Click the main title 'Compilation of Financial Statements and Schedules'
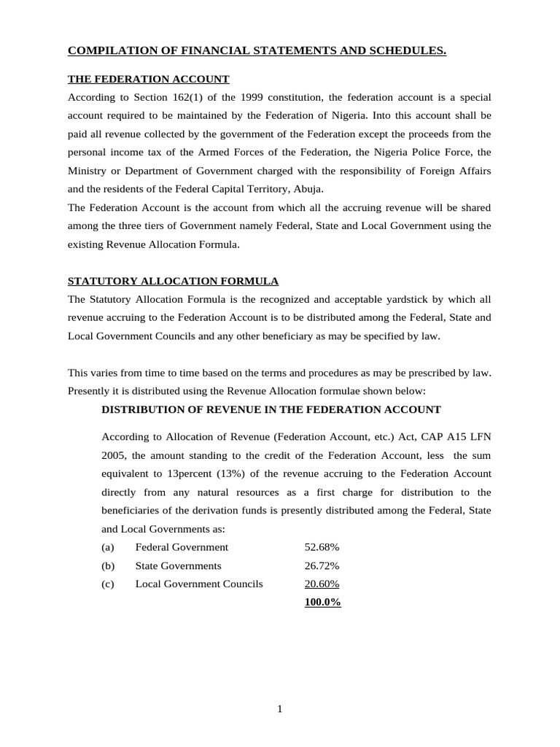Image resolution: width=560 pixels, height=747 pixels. [x=257, y=50]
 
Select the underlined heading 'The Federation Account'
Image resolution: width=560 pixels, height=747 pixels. [x=149, y=79]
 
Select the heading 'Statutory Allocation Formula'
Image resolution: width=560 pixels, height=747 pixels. [x=173, y=281]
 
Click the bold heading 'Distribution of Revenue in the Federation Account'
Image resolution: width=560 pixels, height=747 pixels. [x=271, y=410]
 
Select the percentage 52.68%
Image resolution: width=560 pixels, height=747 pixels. [x=322, y=547]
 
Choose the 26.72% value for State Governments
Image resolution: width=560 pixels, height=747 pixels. [x=322, y=566]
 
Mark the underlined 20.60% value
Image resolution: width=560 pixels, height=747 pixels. [x=322, y=584]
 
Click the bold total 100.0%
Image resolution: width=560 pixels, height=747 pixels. [x=322, y=603]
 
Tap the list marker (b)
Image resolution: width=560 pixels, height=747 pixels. [x=108, y=566]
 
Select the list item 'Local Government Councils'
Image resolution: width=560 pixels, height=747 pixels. [x=199, y=584]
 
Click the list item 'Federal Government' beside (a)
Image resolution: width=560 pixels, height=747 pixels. [x=182, y=547]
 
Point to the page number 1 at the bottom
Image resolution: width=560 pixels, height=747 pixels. [x=279, y=708]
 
